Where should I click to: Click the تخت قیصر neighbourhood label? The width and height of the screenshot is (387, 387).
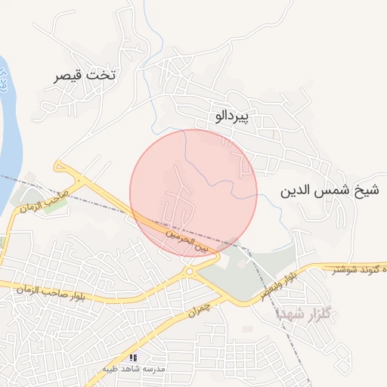(x=86, y=76)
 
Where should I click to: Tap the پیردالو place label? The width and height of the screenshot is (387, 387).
(x=236, y=116)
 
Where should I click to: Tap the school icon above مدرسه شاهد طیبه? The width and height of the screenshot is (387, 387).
(x=134, y=357)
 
